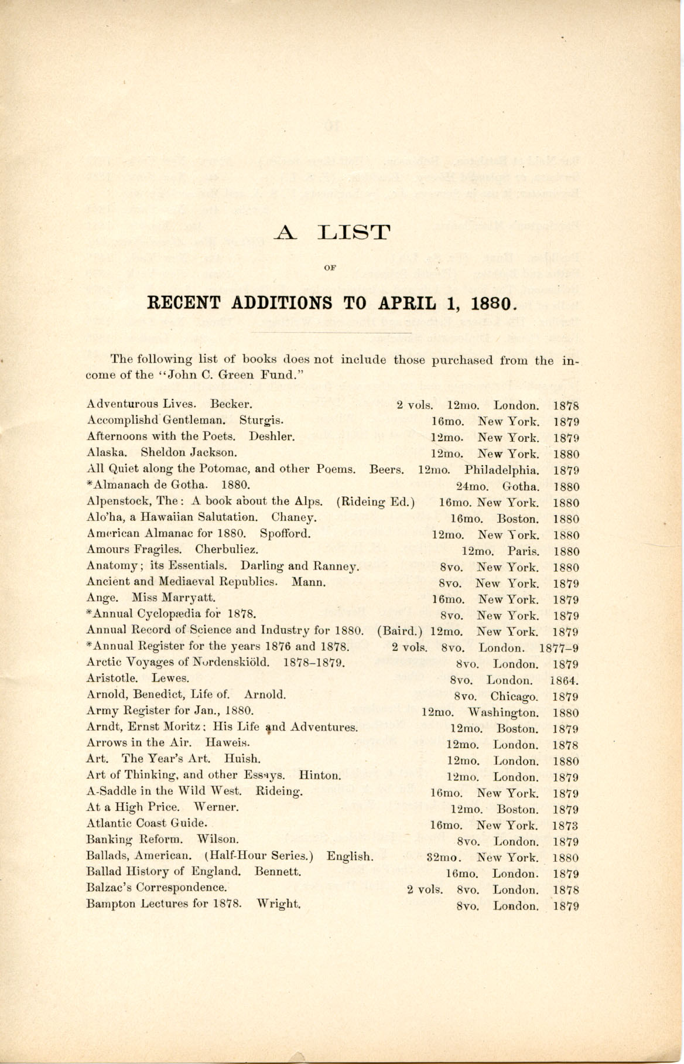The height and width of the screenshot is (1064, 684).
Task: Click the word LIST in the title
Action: pyautogui.click(x=353, y=233)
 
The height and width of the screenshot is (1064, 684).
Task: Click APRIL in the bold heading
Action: pyautogui.click(x=406, y=303)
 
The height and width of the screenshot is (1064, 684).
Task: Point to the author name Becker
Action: pyautogui.click(x=231, y=404)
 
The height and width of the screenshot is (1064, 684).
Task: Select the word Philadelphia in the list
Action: pyautogui.click(x=502, y=470)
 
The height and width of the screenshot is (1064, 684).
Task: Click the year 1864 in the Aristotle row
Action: pyautogui.click(x=565, y=681)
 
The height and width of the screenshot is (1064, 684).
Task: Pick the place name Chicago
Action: pyautogui.click(x=515, y=697)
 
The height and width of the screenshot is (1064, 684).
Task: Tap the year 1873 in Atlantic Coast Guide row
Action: pyautogui.click(x=565, y=826)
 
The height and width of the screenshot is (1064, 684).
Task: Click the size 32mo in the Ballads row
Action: pyautogui.click(x=444, y=858)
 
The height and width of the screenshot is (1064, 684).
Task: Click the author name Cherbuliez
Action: pyautogui.click(x=227, y=550)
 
